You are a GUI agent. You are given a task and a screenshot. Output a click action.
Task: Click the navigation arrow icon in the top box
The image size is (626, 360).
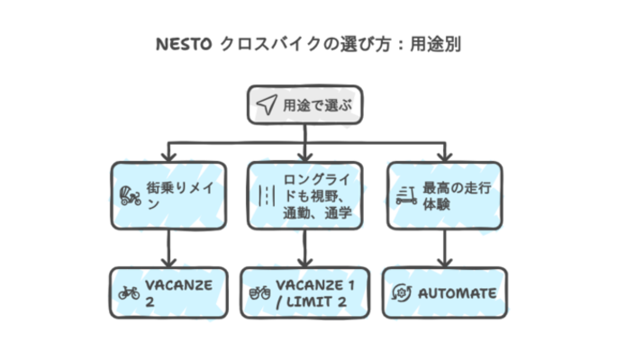(267, 104)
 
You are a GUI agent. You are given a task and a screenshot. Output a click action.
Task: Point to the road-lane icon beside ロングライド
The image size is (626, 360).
(267, 194)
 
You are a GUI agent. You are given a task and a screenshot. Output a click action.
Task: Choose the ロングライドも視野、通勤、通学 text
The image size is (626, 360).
(317, 195)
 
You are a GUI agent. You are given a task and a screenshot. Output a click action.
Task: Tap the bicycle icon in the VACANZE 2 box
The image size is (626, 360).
(129, 292)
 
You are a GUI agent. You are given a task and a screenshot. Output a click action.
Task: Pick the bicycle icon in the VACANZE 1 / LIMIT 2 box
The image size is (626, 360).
(259, 292)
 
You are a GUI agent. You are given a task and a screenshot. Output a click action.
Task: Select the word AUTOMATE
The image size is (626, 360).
(456, 292)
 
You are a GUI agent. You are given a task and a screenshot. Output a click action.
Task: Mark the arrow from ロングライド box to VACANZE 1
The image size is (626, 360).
(305, 247)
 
